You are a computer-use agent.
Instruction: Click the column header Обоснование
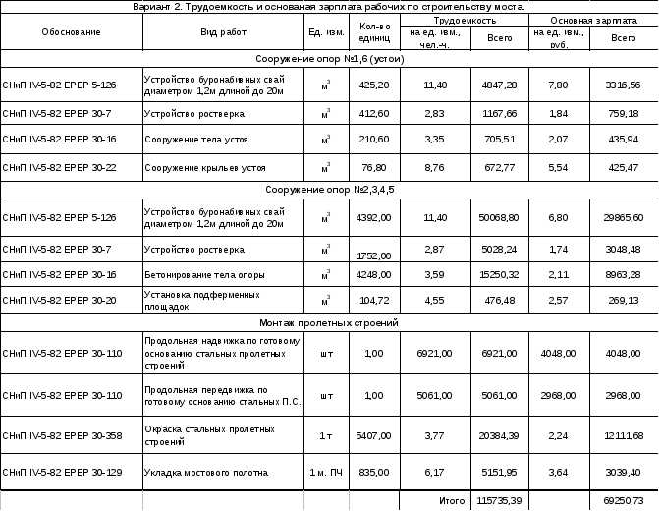point(71,32)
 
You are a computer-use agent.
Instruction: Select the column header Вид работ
point(222,32)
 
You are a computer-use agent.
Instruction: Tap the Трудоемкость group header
point(464,20)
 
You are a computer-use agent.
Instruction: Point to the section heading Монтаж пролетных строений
point(328,322)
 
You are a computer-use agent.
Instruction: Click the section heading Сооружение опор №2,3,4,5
point(328,189)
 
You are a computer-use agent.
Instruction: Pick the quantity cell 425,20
point(373,85)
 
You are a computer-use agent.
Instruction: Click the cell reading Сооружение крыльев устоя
point(205,168)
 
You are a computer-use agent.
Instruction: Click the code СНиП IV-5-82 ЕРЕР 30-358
point(63,435)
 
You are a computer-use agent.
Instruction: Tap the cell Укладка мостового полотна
point(206,473)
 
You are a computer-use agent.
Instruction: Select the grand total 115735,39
point(499,501)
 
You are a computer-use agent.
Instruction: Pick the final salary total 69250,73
point(623,501)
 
